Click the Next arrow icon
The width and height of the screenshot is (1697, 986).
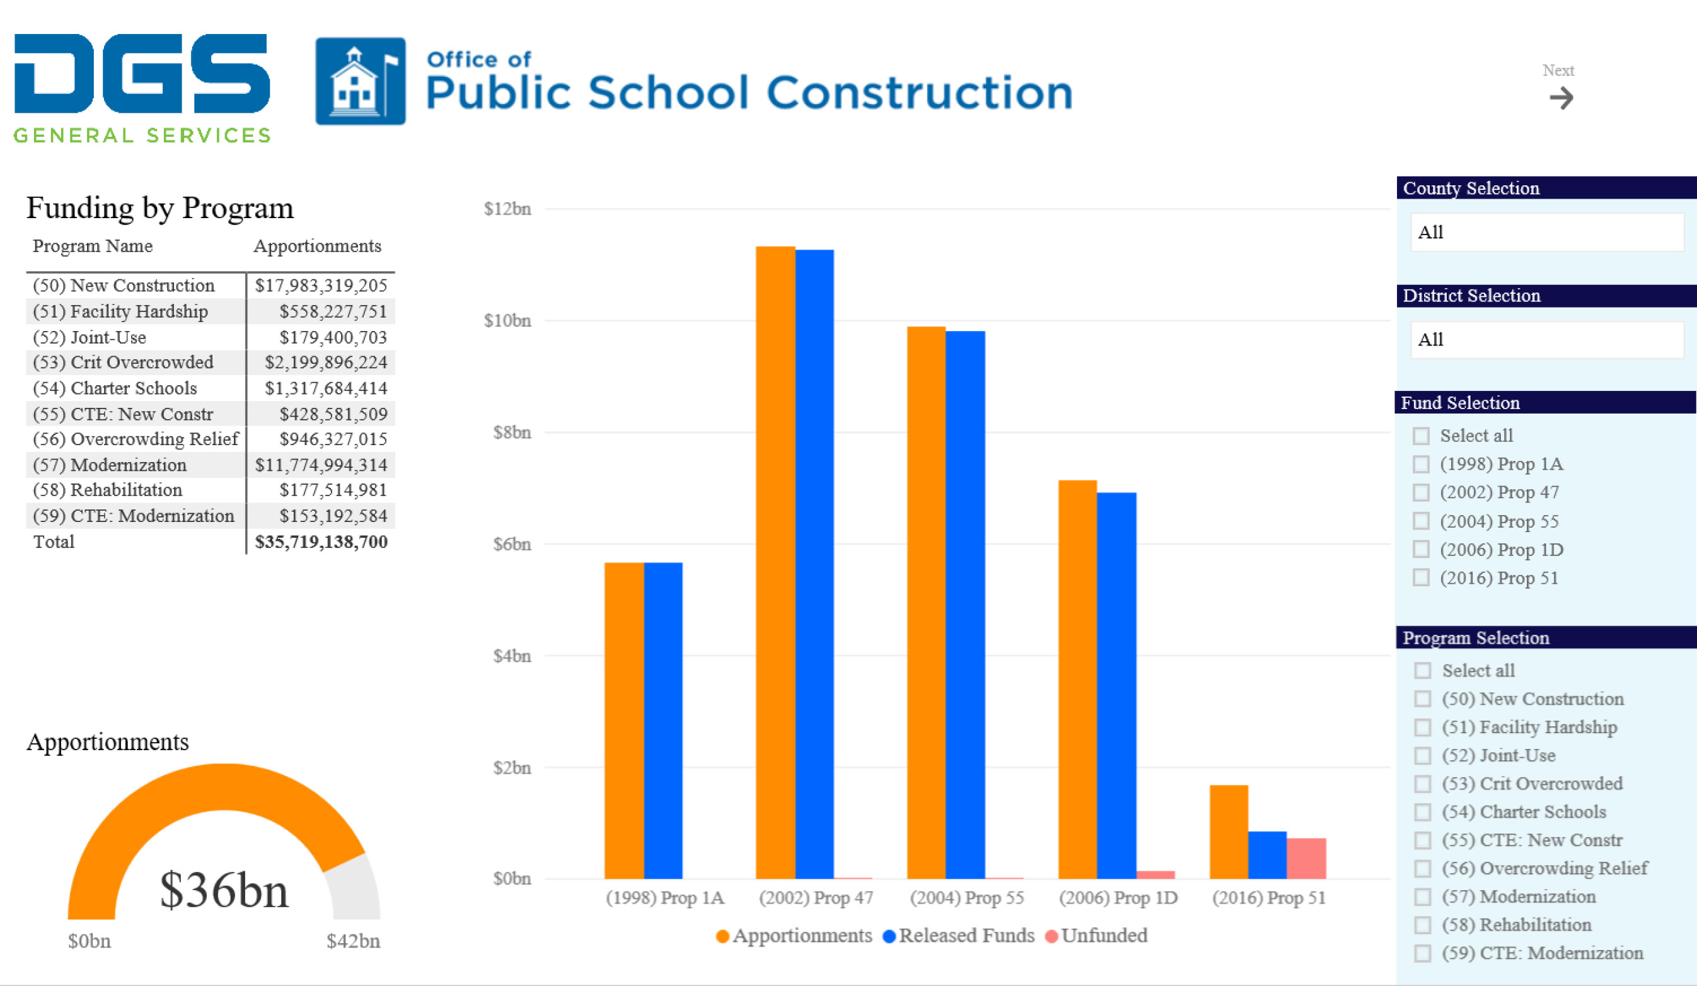(x=1561, y=98)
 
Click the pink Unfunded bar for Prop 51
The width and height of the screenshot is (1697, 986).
(x=1306, y=858)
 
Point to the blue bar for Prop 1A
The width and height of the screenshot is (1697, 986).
(x=663, y=720)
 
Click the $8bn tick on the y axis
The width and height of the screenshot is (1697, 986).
(x=512, y=432)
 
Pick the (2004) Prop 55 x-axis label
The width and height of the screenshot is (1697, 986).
(x=966, y=898)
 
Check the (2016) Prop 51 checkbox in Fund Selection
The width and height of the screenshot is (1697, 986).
(x=1421, y=578)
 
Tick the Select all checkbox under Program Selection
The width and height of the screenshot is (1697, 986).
(x=1422, y=671)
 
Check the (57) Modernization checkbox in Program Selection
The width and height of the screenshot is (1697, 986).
(x=1422, y=897)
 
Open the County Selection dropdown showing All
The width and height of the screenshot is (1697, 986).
(x=1547, y=233)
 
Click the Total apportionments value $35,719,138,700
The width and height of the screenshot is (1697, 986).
(x=321, y=542)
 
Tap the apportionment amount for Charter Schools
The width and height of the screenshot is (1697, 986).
(x=326, y=388)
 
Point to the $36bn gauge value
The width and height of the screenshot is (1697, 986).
(x=224, y=890)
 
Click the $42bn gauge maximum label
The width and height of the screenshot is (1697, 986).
(x=353, y=941)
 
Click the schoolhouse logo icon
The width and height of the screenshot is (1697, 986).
(x=361, y=81)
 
